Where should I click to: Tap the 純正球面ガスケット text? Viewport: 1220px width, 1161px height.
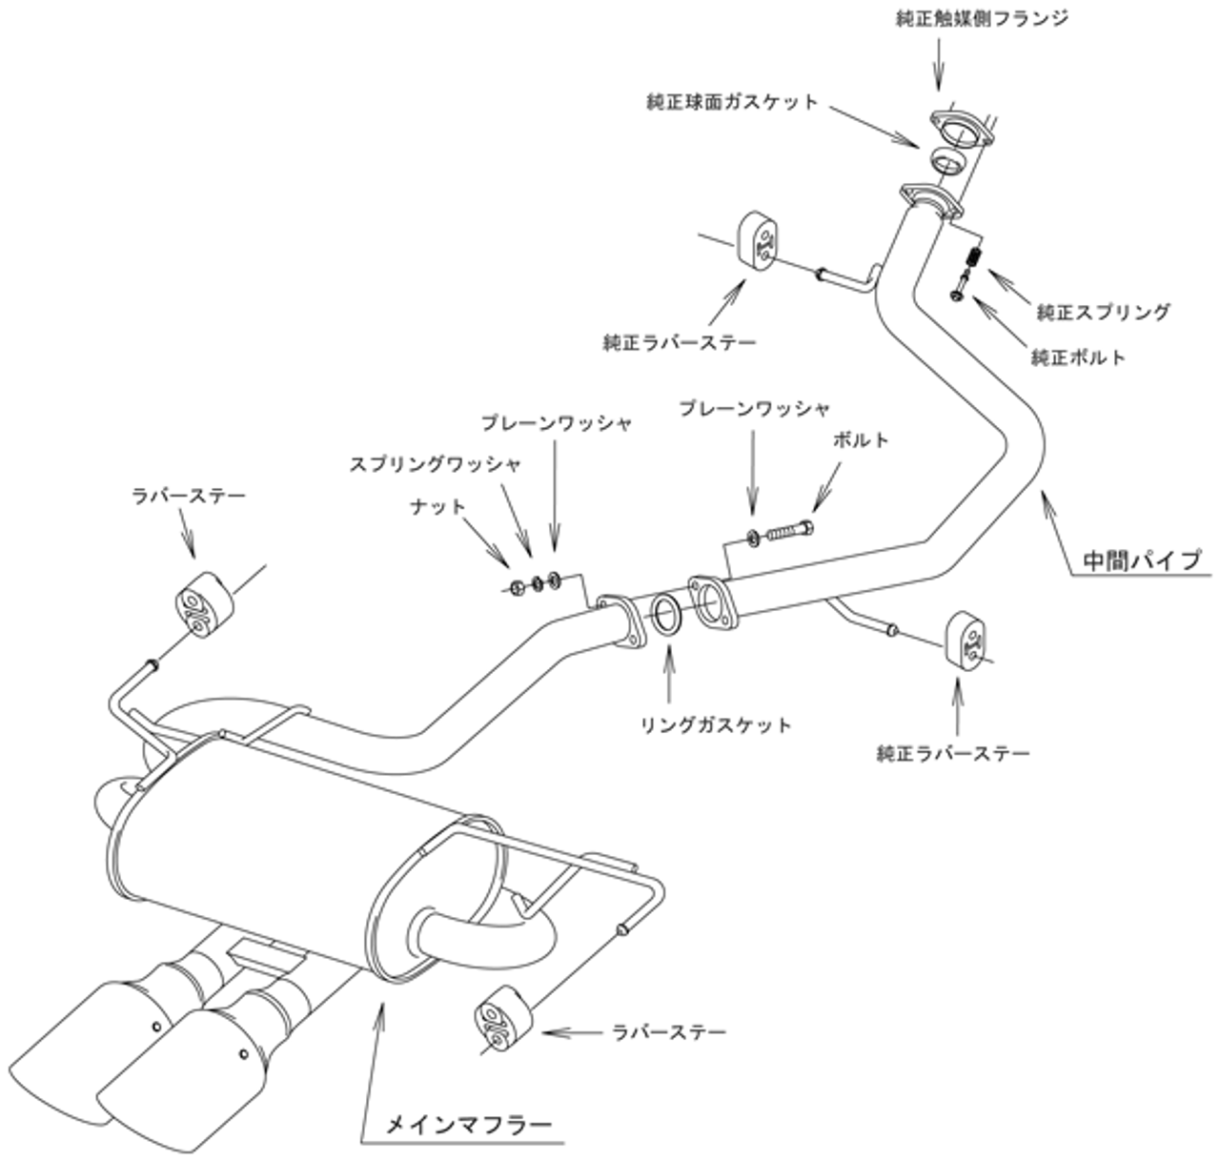tap(731, 101)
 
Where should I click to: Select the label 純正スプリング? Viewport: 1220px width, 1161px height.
tap(1103, 311)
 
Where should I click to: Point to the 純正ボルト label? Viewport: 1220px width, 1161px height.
tap(1078, 357)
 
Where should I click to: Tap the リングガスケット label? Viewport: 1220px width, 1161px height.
tap(716, 725)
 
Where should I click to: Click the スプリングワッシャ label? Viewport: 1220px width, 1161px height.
tap(435, 464)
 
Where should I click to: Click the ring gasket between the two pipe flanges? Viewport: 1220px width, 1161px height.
tap(665, 615)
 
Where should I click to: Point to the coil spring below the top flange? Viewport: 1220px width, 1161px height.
tap(974, 256)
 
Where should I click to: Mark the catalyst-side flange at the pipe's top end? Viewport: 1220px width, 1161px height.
tap(958, 129)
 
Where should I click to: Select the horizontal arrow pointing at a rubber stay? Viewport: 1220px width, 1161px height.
tap(573, 1032)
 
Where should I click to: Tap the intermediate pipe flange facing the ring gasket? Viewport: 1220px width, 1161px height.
tap(710, 603)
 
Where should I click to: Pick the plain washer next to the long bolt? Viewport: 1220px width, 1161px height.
tap(753, 539)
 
